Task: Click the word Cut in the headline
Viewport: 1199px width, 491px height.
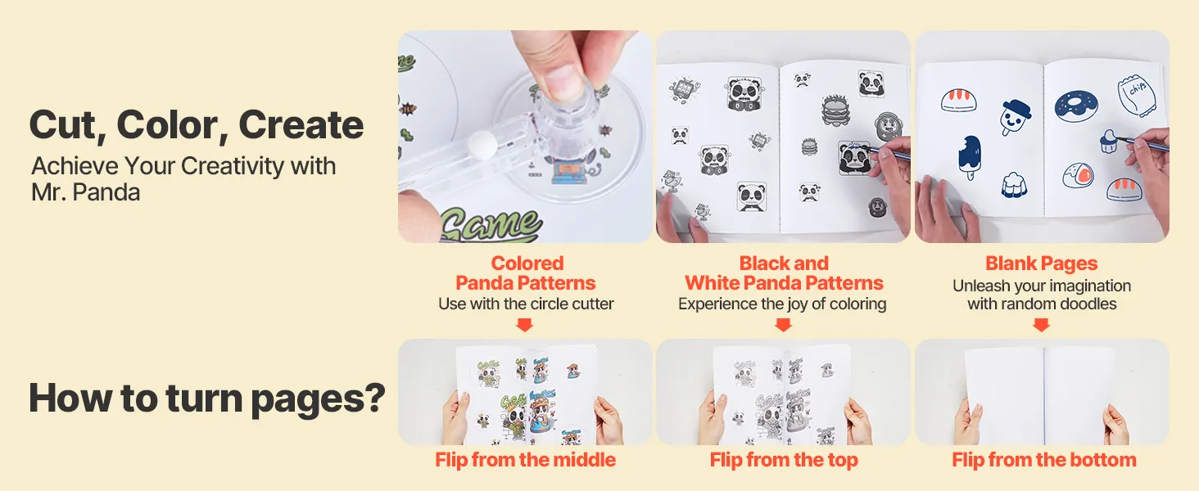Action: pos(62,125)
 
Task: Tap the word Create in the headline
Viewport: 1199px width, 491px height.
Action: pos(301,124)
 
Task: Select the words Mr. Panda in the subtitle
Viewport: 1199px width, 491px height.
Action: pos(86,192)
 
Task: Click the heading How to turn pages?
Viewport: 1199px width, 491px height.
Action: pos(207,399)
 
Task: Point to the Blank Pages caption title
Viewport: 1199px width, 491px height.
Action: pos(1042,264)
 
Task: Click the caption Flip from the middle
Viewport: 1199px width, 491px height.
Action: pos(525,460)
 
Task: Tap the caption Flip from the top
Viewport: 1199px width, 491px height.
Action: pos(784,460)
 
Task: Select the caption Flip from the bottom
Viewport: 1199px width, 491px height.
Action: pos(1043,460)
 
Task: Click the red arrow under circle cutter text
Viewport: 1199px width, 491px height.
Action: pos(524,325)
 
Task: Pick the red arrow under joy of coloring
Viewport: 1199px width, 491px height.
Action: pos(783,325)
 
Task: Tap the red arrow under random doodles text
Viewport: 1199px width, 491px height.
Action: pos(1041,325)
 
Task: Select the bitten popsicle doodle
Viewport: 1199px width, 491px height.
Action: pos(970,157)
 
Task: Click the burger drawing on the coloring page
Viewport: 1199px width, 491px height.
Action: pos(836,110)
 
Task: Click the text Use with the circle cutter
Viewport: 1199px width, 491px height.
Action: pos(526,304)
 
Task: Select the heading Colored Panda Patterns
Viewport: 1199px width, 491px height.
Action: pos(526,273)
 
